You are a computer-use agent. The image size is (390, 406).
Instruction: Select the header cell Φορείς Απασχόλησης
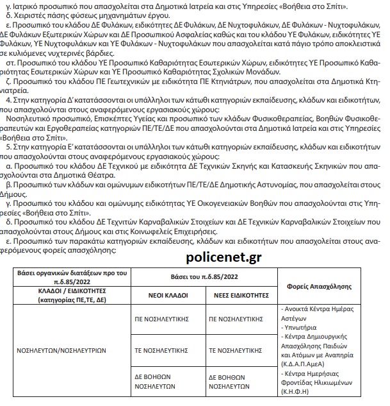(327, 285)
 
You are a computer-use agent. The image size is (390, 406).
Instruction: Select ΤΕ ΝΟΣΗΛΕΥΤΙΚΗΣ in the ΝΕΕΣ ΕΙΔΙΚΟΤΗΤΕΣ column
(236, 351)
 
